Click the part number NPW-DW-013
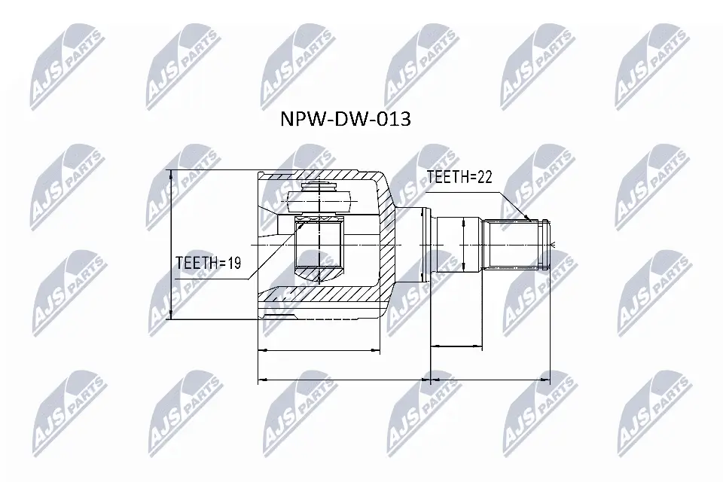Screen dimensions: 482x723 345,119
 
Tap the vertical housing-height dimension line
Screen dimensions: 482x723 172,245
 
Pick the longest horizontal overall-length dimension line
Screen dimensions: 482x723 404,380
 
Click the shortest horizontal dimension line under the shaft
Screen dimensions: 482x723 456,346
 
